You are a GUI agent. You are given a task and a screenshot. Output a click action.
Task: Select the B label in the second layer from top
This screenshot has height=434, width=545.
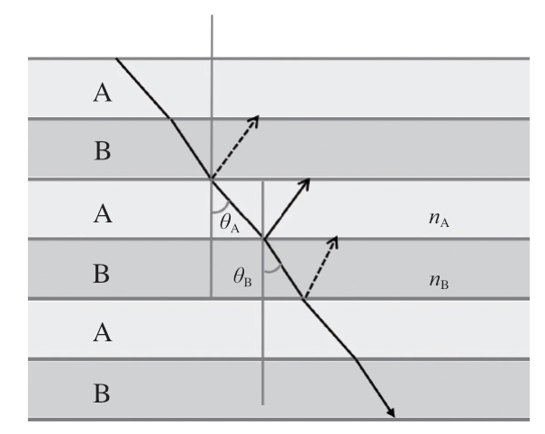(x=104, y=151)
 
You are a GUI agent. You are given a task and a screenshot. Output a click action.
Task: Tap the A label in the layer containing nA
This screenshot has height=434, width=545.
(x=104, y=214)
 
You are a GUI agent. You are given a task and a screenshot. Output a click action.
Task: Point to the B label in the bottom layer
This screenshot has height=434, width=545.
(x=104, y=393)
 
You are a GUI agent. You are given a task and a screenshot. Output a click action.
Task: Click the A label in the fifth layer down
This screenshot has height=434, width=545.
(x=104, y=333)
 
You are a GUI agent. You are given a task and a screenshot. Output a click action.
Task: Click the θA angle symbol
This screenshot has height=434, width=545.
(x=230, y=223)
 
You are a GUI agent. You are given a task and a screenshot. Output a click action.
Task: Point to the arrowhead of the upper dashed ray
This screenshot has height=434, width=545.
(x=257, y=118)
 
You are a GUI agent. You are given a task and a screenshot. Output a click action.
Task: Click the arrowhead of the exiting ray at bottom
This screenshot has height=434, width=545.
(x=393, y=415)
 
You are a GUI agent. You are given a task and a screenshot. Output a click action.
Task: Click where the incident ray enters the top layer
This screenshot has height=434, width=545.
(x=117, y=59)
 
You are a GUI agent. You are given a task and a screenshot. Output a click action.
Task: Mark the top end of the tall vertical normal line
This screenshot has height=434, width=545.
(x=212, y=15)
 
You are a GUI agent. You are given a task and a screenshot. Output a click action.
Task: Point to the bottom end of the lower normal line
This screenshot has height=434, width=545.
(x=263, y=402)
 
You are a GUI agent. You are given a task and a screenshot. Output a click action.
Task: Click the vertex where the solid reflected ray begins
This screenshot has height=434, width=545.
(x=263, y=239)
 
